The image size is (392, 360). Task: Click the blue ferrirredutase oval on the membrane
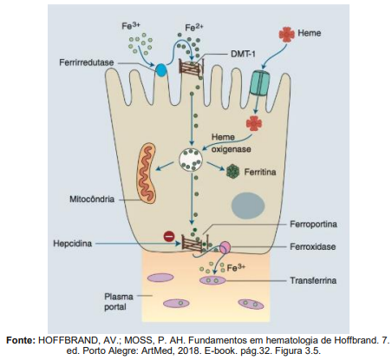coord(161,70)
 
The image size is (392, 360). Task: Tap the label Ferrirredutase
coord(87,62)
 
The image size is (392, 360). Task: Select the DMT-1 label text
coord(243,54)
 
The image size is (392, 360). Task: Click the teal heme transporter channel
coord(259,82)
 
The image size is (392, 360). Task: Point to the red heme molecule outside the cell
coord(286,34)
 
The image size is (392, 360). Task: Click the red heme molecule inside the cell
coord(254,123)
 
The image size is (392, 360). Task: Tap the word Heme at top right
coord(309,33)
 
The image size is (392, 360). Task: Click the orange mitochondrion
coord(146,173)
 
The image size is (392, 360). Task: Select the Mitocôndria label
coord(92,199)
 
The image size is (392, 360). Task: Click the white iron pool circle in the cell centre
coord(191,160)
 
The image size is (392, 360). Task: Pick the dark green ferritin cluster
coord(232,171)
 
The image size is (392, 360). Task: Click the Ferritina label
coord(260,172)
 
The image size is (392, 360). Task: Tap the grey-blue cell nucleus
coord(248,206)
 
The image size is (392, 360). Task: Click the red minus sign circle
coord(169,236)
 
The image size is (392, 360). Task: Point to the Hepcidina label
coord(73,244)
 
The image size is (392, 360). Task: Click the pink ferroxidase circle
coord(225,247)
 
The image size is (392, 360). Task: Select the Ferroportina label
coord(313,224)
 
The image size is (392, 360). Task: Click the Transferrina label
coord(313,280)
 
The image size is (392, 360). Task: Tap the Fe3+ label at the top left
coord(131,26)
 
